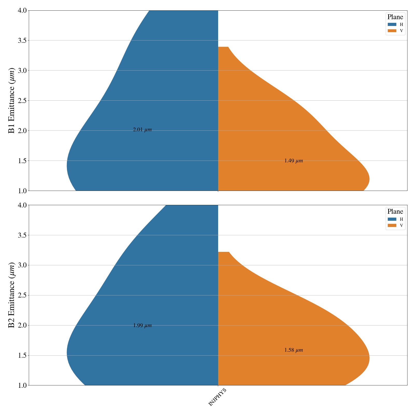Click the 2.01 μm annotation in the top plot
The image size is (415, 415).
coord(142,130)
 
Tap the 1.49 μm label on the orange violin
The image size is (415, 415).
coord(293,161)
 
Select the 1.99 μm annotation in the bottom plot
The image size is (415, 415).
coord(142,326)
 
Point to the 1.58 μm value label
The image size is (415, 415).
coord(293,350)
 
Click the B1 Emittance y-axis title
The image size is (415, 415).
coord(12,100)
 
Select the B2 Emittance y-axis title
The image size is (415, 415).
coord(12,295)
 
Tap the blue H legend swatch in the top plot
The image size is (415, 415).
coord(392,24)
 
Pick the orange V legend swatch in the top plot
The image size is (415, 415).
coord(392,31)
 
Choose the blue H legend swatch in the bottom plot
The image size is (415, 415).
coord(392,219)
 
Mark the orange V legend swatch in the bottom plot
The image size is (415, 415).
coord(392,225)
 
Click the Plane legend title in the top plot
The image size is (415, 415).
coord(395,17)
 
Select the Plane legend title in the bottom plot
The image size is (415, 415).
coord(395,211)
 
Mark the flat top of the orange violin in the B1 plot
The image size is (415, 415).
coord(223,47)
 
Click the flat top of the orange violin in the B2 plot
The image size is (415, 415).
coord(223,252)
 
